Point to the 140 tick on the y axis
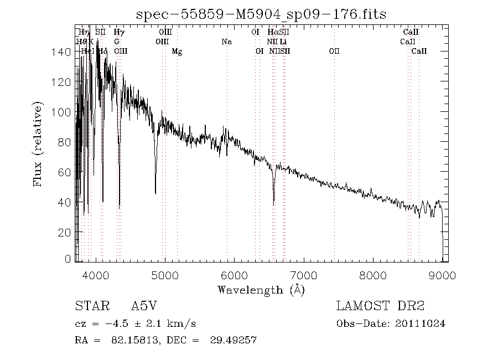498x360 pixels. [64, 52]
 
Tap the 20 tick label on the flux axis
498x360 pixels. [64, 233]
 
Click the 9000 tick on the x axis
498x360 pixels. [442, 275]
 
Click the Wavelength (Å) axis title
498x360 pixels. [261, 289]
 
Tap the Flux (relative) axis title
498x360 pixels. [38, 144]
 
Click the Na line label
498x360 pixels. [226, 42]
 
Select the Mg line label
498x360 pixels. [177, 52]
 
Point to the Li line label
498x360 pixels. [283, 42]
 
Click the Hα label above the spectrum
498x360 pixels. [272, 32]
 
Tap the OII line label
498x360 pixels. [334, 52]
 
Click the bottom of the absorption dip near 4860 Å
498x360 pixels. [155, 193]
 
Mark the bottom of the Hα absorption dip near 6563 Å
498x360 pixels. [273, 205]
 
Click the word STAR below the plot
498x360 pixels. [89, 306]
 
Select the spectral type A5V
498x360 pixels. [142, 306]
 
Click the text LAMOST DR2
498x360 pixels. [380, 306]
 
